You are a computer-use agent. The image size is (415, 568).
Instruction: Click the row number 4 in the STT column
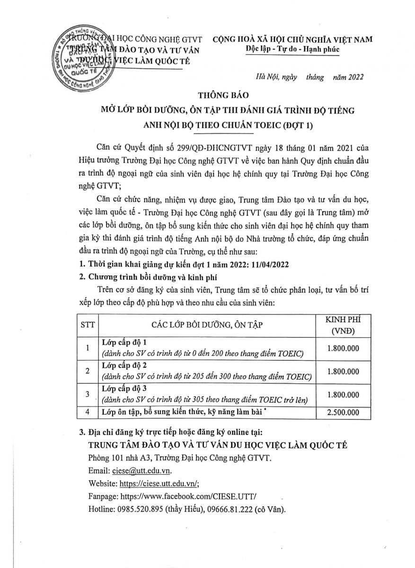click(88, 413)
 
